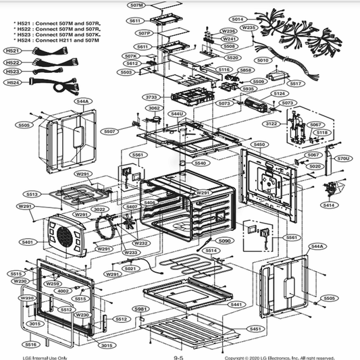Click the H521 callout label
(12, 51)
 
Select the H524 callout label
(12, 82)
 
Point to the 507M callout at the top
(136, 5)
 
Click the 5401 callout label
(27, 242)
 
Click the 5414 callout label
(328, 205)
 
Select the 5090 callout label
(224, 241)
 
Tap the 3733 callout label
(152, 97)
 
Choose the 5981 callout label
(140, 309)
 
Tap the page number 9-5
(179, 357)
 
